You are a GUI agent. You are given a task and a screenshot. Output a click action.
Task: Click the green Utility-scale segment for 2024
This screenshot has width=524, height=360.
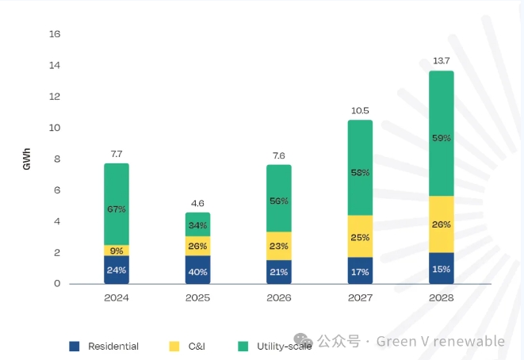pos(117,205)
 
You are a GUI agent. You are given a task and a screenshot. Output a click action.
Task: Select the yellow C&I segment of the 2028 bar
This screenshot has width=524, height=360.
pos(442,224)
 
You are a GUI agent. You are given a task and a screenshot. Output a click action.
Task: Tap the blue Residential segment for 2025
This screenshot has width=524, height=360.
pos(198,270)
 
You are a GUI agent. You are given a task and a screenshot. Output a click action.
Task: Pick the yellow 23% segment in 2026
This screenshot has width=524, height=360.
pos(279,246)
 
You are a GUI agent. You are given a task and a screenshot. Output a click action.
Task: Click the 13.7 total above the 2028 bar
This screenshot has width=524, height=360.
pos(442,61)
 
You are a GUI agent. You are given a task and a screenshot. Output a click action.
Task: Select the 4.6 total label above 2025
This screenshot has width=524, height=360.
pos(198,203)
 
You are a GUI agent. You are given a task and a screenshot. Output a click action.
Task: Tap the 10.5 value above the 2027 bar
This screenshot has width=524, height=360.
pos(360,110)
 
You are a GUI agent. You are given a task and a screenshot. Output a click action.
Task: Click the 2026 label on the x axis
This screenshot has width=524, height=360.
pos(279,298)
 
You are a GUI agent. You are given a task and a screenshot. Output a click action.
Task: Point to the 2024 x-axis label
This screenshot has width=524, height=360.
pos(117,298)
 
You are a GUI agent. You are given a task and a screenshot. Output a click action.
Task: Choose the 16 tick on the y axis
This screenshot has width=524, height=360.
pos(55,34)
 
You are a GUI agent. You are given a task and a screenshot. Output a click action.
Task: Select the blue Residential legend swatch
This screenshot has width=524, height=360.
pos(75,346)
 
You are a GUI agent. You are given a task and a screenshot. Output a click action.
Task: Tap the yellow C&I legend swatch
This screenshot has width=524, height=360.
pos(174,346)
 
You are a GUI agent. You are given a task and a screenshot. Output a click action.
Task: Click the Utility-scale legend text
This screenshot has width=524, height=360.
pos(283,346)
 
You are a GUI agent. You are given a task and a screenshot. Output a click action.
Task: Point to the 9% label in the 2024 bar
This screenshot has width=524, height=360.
pos(117,251)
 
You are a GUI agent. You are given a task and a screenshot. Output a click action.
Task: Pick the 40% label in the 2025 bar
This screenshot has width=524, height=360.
pos(198,272)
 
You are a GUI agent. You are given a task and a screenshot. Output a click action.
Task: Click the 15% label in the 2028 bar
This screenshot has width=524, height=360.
pos(442,270)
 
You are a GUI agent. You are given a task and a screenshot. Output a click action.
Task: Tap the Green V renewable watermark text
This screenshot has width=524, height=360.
pos(440,342)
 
